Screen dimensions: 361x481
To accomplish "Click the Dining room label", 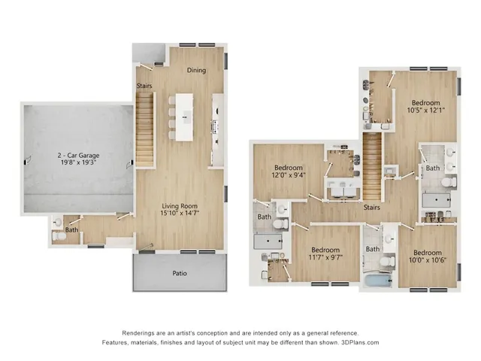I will pyautogui.click(x=196, y=71).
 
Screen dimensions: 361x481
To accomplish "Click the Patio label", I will pyautogui.click(x=180, y=273).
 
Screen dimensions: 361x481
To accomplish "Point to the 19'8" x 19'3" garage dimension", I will pyautogui.click(x=79, y=164).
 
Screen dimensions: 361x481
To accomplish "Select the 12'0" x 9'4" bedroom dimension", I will pyautogui.click(x=288, y=175).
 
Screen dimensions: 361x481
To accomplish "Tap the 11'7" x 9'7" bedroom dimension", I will pyautogui.click(x=325, y=258).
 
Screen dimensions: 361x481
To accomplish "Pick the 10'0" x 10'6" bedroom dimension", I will pyautogui.click(x=425, y=260).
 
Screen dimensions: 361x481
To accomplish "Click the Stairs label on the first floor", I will pyautogui.click(x=145, y=86).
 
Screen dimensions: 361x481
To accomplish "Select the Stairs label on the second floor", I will pyautogui.click(x=370, y=208).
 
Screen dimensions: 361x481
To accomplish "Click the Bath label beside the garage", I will pyautogui.click(x=71, y=230).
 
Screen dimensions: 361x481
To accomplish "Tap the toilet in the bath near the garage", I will pyautogui.click(x=59, y=235).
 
